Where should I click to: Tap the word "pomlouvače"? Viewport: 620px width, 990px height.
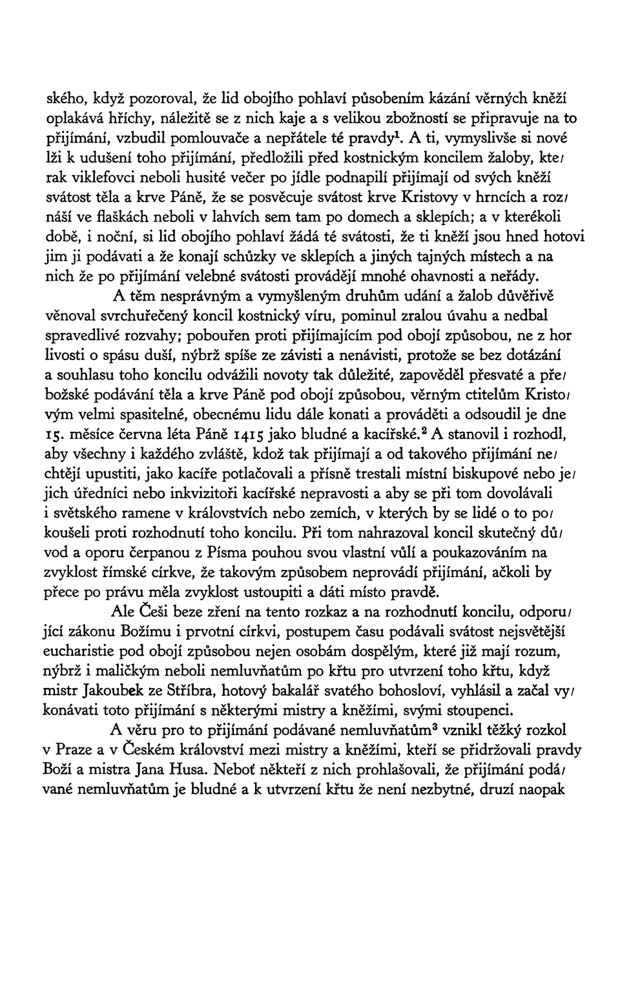203,139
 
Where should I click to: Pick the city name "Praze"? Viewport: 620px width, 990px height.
76,751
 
